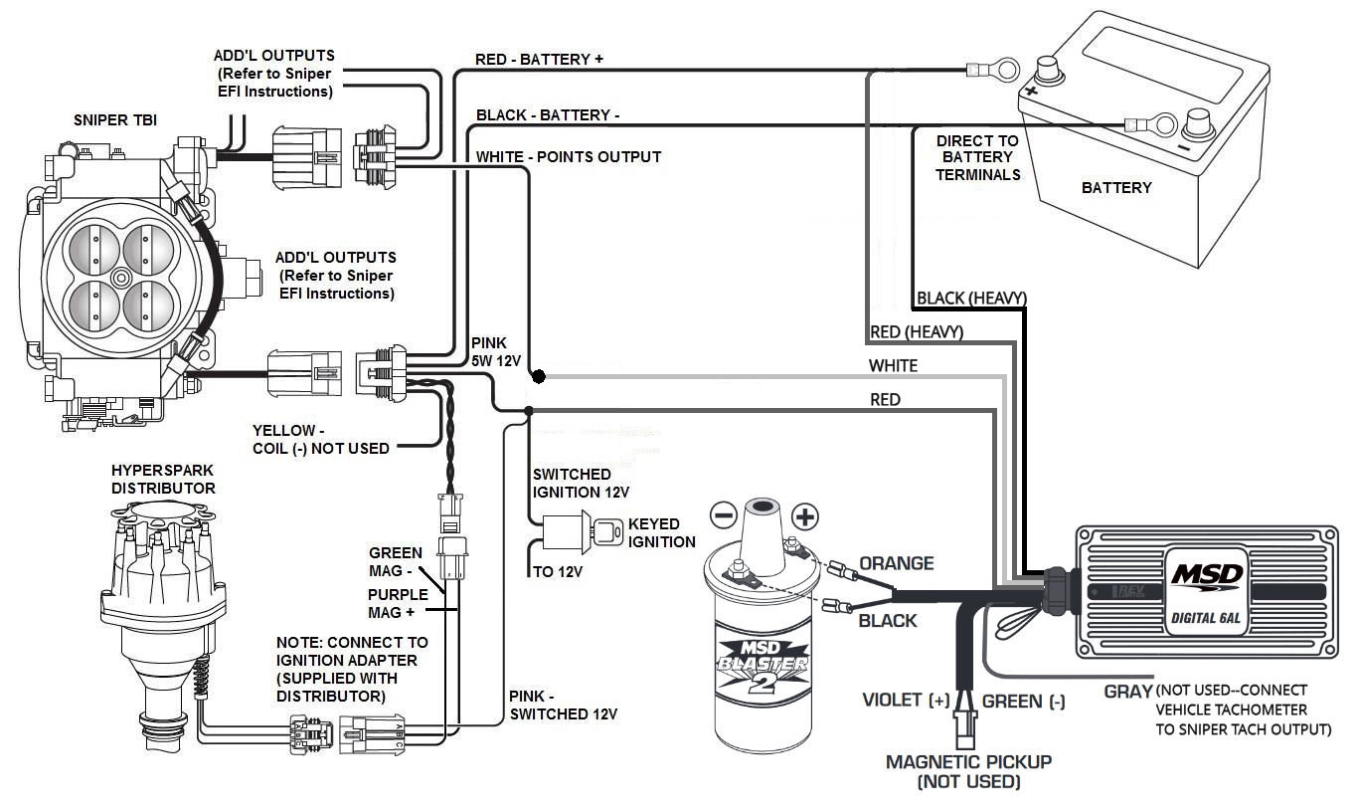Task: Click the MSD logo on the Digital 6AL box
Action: point(1205,575)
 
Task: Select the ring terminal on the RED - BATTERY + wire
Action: point(994,69)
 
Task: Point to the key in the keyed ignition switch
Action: point(603,528)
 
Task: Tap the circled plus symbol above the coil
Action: point(805,516)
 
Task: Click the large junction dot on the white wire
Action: point(538,377)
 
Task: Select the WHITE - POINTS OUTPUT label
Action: point(568,157)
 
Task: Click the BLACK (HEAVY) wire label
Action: point(970,298)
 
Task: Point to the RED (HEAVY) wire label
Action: point(916,332)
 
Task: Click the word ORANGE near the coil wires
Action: point(896,563)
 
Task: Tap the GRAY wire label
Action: point(1127,691)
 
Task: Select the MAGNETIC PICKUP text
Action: point(968,762)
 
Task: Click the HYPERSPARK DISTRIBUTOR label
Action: point(163,480)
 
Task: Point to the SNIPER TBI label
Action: point(114,119)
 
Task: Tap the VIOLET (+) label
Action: point(906,701)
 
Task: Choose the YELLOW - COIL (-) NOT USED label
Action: point(320,439)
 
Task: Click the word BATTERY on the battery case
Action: point(1116,188)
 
